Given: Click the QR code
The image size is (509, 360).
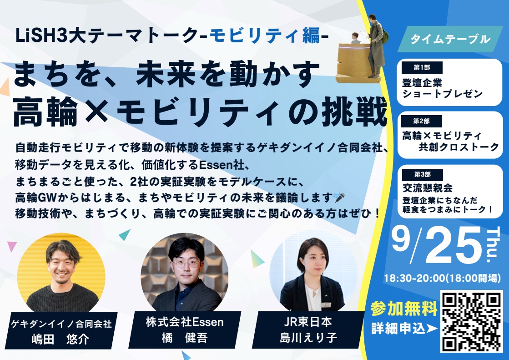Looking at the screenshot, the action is [x=471, y=322].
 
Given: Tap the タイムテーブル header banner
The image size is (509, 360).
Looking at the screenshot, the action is [x=450, y=39].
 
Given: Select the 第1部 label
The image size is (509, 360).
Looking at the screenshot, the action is [x=422, y=67].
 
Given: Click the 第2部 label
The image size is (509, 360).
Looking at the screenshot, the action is [x=422, y=121].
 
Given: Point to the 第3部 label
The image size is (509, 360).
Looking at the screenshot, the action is [x=422, y=174].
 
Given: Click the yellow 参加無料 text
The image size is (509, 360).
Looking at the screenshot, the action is [x=404, y=308].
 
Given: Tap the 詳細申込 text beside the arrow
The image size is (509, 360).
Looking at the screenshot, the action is [x=398, y=329].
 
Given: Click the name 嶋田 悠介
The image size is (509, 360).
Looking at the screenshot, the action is [x=60, y=340].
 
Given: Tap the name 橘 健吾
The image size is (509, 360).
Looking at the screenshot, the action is [x=184, y=338].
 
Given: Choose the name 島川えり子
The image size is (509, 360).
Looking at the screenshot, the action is [x=308, y=337].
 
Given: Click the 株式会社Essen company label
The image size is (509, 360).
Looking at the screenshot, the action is [x=184, y=322].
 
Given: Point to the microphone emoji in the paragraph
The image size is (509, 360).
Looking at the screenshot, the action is [x=339, y=197].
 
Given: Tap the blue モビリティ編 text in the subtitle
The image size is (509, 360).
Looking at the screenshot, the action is [x=265, y=36].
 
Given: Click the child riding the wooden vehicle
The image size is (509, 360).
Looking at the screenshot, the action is [x=355, y=38].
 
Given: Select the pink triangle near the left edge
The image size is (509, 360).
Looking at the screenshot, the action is [x=11, y=246].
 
